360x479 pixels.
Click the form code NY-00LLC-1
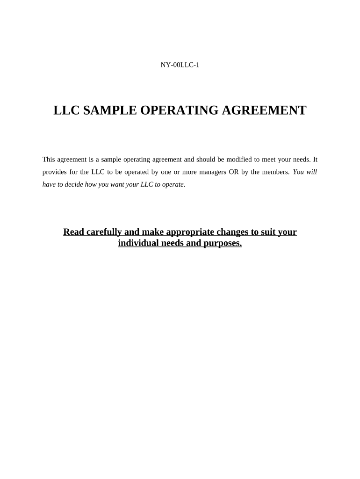pyautogui.click(x=180, y=65)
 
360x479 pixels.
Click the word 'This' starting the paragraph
pyautogui.click(x=49, y=160)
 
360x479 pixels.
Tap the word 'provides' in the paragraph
pyautogui.click(x=54, y=172)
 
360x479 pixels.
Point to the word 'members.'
pyautogui.click(x=275, y=172)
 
